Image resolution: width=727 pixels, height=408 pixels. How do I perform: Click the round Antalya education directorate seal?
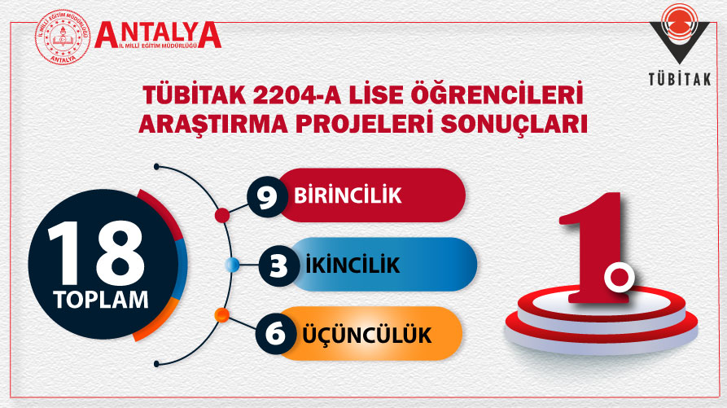[x=63, y=37]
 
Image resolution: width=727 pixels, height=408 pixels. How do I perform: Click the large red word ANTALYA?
[x=158, y=34]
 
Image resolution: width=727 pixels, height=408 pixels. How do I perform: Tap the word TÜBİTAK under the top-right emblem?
[x=680, y=79]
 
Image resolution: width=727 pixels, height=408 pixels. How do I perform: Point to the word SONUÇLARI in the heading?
[x=514, y=124]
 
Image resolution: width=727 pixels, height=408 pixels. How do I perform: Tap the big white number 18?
[x=96, y=253]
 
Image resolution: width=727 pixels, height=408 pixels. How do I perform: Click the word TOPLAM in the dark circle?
[x=101, y=300]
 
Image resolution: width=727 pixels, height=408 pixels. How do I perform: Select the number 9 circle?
[x=266, y=196]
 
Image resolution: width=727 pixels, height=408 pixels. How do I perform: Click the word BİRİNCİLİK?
[x=348, y=195]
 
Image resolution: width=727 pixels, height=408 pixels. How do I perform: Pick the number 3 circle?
[x=278, y=266]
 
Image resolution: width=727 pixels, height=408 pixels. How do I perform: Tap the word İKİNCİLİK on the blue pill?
[x=353, y=265]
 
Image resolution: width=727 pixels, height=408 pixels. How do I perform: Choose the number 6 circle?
[x=275, y=334]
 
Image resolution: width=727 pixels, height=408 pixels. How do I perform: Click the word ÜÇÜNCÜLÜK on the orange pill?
[x=366, y=335]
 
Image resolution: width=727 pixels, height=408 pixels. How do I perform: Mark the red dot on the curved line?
[x=222, y=216]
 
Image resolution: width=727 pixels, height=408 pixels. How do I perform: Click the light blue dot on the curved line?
[x=232, y=265]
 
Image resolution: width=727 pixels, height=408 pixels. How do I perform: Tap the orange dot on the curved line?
[x=222, y=316]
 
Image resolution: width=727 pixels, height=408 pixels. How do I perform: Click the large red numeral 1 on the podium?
[x=595, y=248]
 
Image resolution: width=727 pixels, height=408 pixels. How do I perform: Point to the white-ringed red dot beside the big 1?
[x=619, y=278]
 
